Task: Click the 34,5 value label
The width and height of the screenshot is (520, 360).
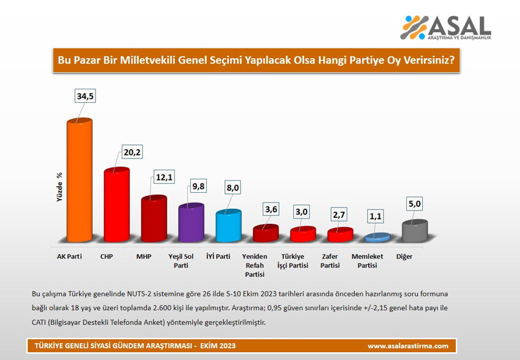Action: click(x=86, y=97)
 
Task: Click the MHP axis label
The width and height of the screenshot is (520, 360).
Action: click(x=144, y=257)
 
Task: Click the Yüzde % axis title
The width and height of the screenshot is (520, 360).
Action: click(x=60, y=188)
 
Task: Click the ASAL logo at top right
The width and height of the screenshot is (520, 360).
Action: click(x=445, y=28)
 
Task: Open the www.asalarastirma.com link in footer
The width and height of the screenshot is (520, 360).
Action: click(x=407, y=346)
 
